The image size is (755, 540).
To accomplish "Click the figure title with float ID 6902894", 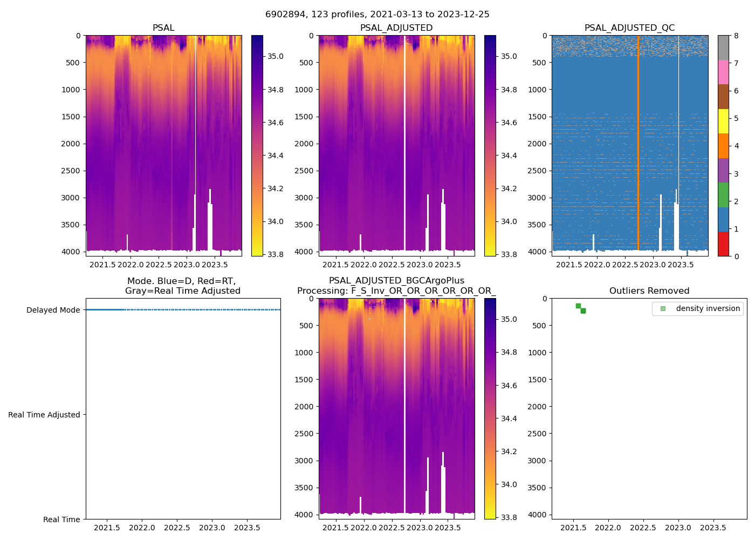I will pyautogui.click(x=377, y=15).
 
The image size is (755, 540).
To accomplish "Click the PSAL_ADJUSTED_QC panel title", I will pyautogui.click(x=629, y=28).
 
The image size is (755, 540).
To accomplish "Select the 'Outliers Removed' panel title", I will pyautogui.click(x=649, y=291).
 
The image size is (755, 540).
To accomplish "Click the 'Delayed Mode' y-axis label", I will pyautogui.click(x=53, y=310).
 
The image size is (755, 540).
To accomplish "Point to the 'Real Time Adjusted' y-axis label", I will pyautogui.click(x=44, y=415).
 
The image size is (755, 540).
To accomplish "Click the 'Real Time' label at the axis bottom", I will pyautogui.click(x=61, y=519).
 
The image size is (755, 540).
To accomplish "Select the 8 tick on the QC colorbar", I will pyautogui.click(x=736, y=36).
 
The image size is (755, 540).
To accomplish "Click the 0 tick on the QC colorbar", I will pyautogui.click(x=736, y=256).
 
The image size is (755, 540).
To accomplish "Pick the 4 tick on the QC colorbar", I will pyautogui.click(x=736, y=146).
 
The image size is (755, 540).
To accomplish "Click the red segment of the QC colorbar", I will pyautogui.click(x=723, y=244).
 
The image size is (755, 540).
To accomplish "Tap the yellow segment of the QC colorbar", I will pyautogui.click(x=723, y=121).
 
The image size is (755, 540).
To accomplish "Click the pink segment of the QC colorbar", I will pyautogui.click(x=723, y=72).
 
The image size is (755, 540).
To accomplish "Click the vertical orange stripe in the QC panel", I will pyautogui.click(x=638, y=140).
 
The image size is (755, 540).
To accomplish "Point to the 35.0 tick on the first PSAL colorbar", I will pyautogui.click(x=276, y=56).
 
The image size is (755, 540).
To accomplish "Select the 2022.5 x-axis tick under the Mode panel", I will pyautogui.click(x=177, y=528).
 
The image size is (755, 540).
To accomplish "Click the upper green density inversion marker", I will pyautogui.click(x=578, y=306).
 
